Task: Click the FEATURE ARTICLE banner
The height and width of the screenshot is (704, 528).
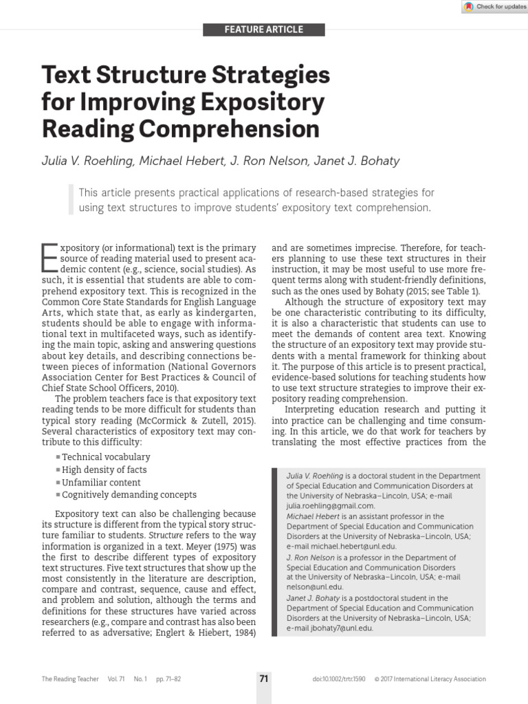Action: (264, 30)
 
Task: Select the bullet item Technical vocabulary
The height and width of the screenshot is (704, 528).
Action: (105, 456)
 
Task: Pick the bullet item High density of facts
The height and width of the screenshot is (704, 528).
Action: (104, 470)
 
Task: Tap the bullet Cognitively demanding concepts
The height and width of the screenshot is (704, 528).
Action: (129, 494)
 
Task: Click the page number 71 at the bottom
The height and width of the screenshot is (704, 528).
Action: (264, 679)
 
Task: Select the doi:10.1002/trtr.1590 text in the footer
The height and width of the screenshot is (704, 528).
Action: (340, 679)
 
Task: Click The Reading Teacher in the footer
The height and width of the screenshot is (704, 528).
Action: (70, 679)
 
